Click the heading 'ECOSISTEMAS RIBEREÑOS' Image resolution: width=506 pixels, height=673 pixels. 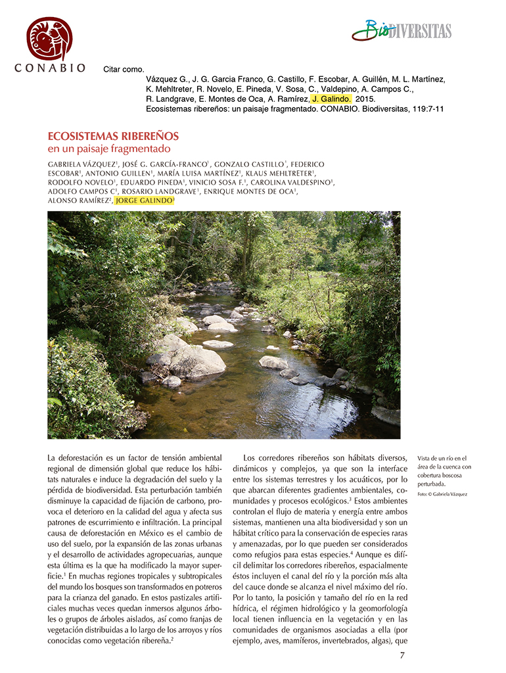click(113, 136)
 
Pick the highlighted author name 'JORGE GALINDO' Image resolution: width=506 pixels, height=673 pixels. click(144, 200)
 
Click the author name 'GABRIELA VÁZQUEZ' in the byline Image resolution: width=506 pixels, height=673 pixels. click(81, 164)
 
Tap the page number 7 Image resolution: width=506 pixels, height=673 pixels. click(402, 655)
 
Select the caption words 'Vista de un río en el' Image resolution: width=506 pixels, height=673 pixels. click(442, 458)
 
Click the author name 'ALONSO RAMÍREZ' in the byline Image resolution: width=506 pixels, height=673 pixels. click(78, 200)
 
